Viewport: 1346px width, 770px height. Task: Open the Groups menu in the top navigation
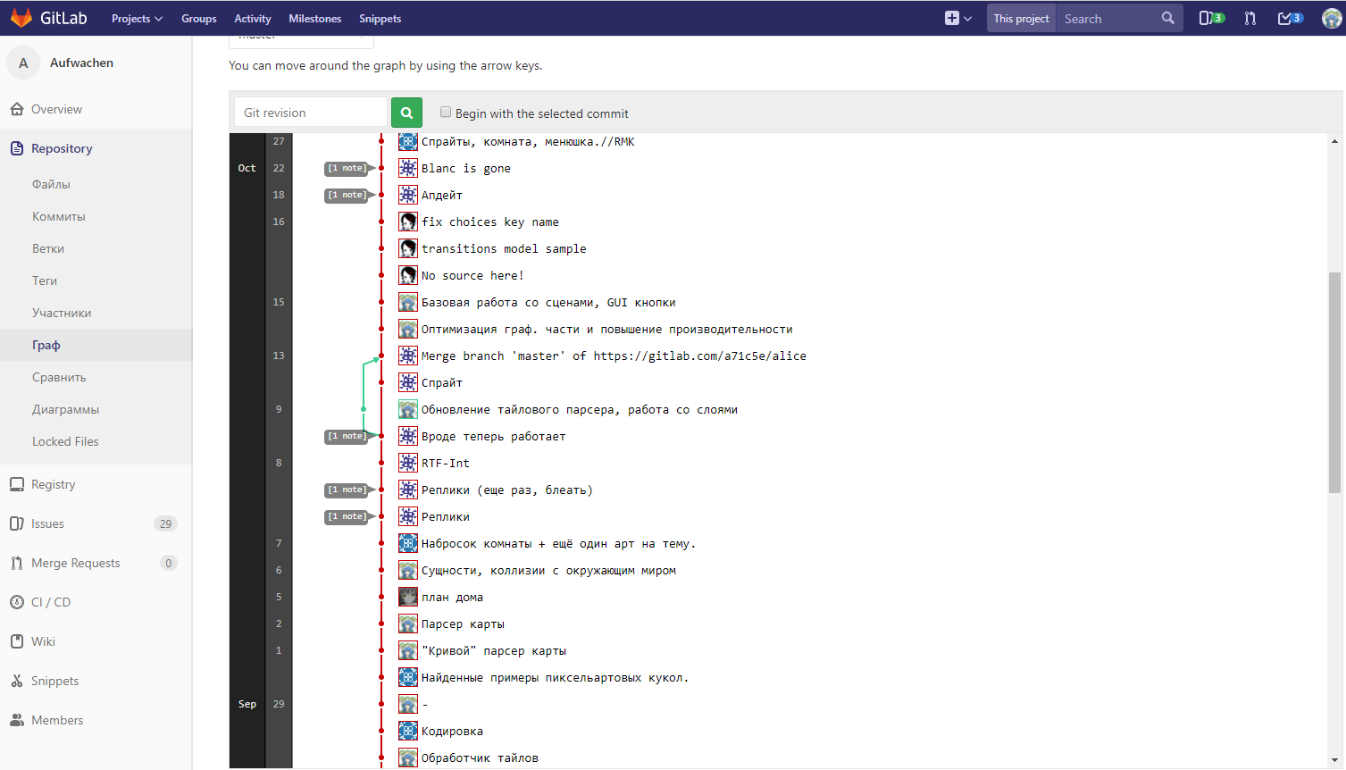click(x=198, y=19)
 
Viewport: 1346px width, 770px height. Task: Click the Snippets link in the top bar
click(x=380, y=19)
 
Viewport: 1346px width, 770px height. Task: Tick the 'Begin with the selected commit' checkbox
click(x=446, y=113)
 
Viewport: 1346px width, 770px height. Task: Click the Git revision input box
click(x=310, y=113)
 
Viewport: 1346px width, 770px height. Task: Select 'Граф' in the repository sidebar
click(x=46, y=345)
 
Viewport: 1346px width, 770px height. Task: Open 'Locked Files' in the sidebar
click(x=65, y=441)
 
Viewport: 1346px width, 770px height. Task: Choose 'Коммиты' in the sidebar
click(x=59, y=216)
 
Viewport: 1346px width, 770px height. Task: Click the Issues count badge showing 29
click(x=165, y=523)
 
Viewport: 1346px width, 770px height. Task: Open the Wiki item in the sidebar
click(x=43, y=641)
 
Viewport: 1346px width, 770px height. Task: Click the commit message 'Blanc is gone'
click(x=465, y=169)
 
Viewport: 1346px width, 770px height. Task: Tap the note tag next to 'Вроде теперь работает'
click(x=347, y=436)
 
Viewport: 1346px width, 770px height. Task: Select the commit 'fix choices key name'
click(x=489, y=222)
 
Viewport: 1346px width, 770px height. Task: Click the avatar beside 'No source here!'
click(x=408, y=275)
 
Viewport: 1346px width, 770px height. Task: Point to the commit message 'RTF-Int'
click(x=445, y=464)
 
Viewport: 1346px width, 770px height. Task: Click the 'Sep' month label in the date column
click(x=247, y=704)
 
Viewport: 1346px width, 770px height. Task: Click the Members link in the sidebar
click(x=57, y=720)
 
